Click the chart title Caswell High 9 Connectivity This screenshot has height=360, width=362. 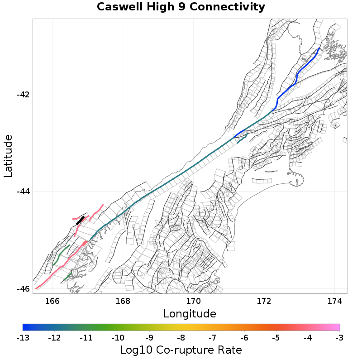181,7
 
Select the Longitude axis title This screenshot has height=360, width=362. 190,313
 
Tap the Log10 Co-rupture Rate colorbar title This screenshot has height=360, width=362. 181,350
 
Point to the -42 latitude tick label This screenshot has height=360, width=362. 23,95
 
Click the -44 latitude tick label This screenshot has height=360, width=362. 23,192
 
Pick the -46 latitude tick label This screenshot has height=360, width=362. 23,289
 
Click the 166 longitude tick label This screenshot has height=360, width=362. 52,301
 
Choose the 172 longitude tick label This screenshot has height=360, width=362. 264,301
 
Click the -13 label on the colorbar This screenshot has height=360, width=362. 23,338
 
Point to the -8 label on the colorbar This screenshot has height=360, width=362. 181,338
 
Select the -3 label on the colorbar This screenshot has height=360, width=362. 339,338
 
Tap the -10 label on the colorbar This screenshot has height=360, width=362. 118,338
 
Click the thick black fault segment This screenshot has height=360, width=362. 81,221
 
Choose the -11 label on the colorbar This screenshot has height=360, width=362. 86,338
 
